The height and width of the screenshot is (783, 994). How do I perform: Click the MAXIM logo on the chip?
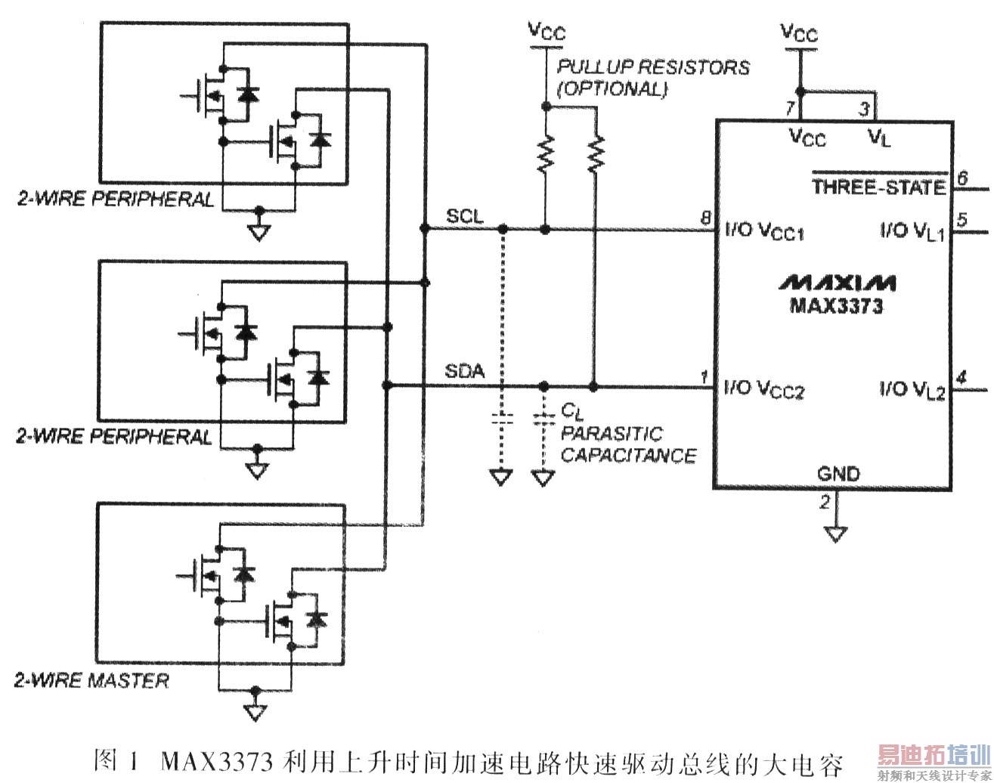pyautogui.click(x=838, y=283)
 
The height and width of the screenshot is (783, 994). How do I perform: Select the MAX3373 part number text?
pyautogui.click(x=836, y=306)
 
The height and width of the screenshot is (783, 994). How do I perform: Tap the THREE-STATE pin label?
pyautogui.click(x=879, y=187)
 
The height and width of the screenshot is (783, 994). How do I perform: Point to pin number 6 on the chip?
pyautogui.click(x=962, y=178)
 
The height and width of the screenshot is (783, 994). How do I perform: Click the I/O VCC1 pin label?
pyautogui.click(x=764, y=231)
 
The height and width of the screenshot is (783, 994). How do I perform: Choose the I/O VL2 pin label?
pyautogui.click(x=912, y=390)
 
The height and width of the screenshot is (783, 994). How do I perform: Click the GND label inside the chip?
pyautogui.click(x=838, y=474)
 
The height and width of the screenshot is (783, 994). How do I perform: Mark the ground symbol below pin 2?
pyautogui.click(x=835, y=534)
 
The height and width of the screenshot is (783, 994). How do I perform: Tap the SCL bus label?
pyautogui.click(x=464, y=215)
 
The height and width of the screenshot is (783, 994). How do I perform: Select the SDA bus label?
pyautogui.click(x=464, y=371)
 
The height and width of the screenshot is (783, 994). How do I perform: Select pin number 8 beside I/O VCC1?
pyautogui.click(x=705, y=219)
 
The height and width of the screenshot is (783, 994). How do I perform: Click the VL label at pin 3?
pyautogui.click(x=880, y=138)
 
